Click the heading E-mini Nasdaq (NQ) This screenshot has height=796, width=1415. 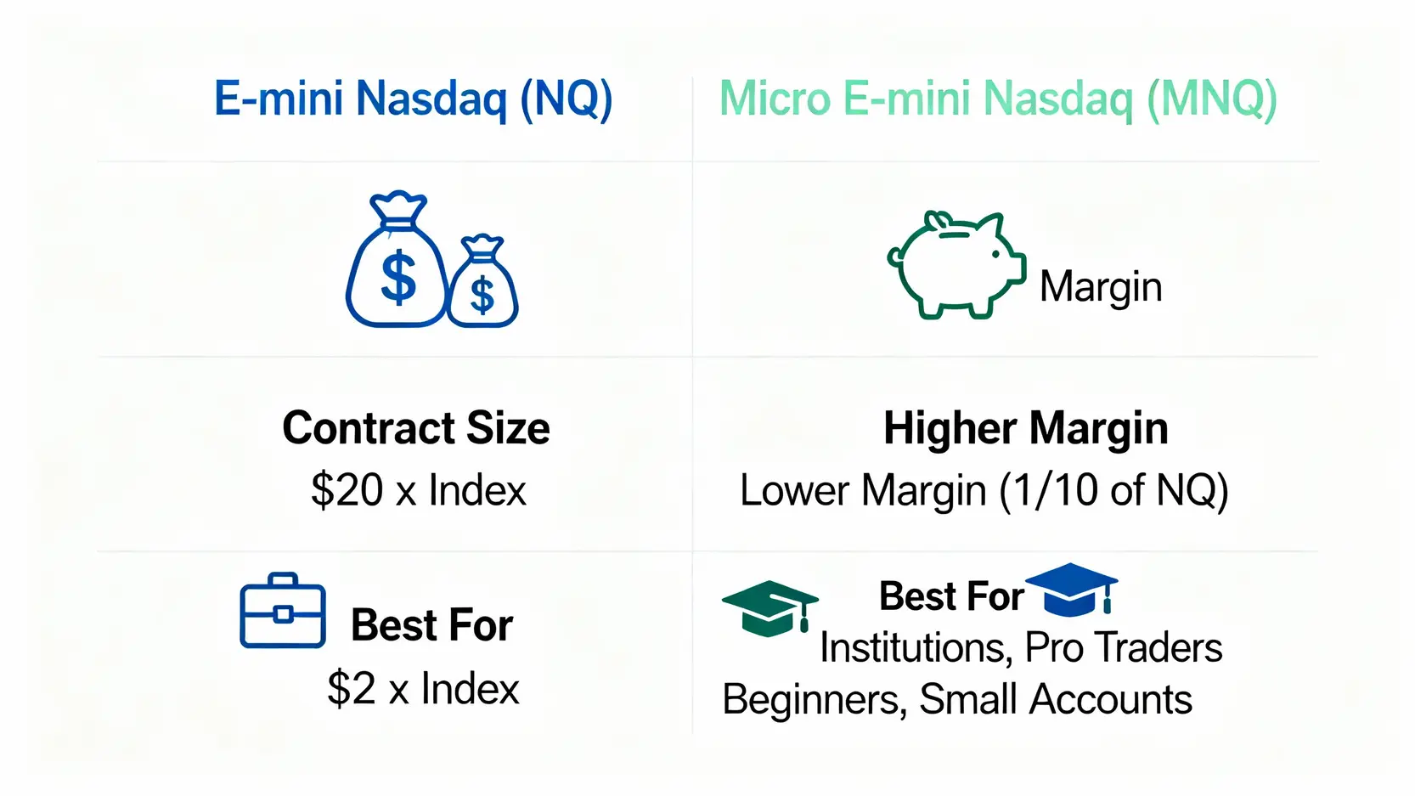click(x=413, y=99)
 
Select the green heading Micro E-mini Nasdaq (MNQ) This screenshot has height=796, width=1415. click(x=998, y=99)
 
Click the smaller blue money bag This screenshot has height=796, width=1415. click(x=483, y=281)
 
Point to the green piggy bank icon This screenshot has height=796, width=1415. click(x=956, y=265)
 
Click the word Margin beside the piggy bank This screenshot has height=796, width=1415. click(x=1101, y=287)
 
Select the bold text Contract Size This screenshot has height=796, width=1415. click(x=416, y=427)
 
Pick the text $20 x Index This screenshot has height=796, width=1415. click(x=418, y=490)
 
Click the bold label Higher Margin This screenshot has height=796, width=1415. click(x=1026, y=428)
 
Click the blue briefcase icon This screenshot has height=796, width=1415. click(x=283, y=610)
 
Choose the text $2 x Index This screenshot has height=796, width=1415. click(x=423, y=688)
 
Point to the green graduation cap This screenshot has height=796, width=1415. click(x=770, y=607)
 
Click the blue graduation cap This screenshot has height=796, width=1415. click(x=1071, y=589)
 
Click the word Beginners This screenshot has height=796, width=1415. click(x=815, y=699)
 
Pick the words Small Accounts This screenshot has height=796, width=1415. click(x=1056, y=699)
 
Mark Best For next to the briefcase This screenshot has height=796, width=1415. click(x=432, y=624)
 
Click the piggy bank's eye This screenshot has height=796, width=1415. click(x=995, y=254)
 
